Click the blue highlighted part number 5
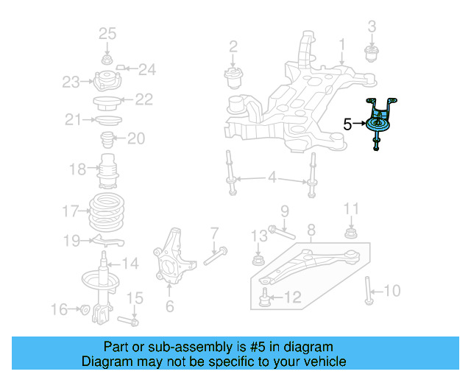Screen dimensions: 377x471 point(380,124)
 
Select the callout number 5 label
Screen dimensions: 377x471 point(347,124)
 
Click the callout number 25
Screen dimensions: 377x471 point(107,34)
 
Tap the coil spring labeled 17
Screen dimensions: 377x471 point(107,213)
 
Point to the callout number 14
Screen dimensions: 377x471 point(130,263)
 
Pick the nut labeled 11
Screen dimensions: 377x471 point(351,234)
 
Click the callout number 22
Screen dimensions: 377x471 point(144,99)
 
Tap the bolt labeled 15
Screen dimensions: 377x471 point(131,320)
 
